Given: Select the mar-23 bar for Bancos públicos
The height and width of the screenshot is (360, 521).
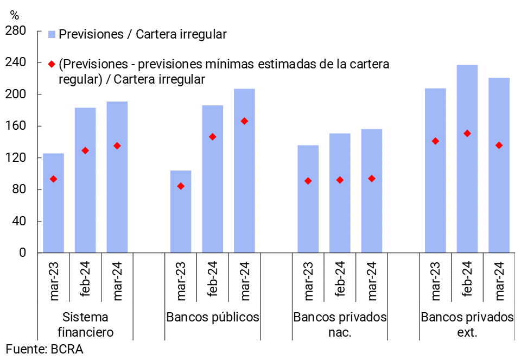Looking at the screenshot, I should (181, 212).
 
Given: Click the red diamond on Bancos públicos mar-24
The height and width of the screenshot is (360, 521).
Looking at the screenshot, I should (244, 121).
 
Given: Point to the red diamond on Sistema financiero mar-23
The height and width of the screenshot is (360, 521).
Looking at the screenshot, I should (53, 179).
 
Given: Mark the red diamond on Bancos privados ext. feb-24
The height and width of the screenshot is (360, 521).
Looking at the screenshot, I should (467, 133).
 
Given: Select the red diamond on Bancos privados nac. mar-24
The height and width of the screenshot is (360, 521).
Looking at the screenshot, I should (372, 179).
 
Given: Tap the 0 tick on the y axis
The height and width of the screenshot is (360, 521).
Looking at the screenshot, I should (22, 253).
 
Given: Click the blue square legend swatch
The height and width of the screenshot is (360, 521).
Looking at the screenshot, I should (52, 35).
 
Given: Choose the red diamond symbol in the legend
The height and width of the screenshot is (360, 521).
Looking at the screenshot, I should (52, 65).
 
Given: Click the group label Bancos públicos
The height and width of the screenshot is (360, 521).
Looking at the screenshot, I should (213, 317).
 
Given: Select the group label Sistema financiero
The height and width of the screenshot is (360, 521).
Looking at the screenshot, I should (85, 324).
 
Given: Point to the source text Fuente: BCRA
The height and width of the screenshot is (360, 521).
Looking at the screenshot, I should (45, 349).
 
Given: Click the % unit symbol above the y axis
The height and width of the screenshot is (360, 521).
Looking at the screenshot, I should (15, 16).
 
